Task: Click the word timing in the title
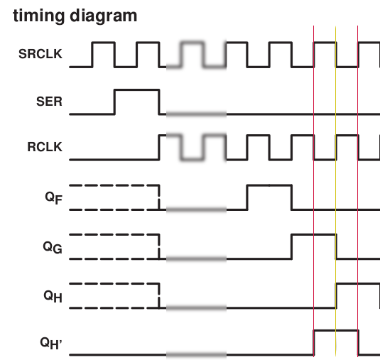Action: tap(39, 16)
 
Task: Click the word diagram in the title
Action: tap(104, 16)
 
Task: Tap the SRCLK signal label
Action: tap(40, 54)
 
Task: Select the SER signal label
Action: tap(49, 102)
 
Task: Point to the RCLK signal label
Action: tap(45, 147)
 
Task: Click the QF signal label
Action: tap(54, 198)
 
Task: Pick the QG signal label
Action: tap(53, 247)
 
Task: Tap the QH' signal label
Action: tap(51, 343)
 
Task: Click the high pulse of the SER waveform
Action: tap(137, 90)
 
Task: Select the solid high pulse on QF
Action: tap(269, 185)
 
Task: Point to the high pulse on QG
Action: tap(314, 234)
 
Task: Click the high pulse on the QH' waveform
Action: tap(336, 330)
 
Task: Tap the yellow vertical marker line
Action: tap(336, 191)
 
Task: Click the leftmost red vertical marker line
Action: tap(314, 191)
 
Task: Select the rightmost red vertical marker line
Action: tap(358, 191)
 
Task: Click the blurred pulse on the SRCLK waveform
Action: tap(192, 43)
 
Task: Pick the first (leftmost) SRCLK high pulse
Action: tap(104, 43)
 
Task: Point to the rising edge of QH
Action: tap(337, 295)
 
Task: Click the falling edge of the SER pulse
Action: tap(159, 102)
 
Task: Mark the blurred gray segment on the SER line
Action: tap(196, 114)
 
